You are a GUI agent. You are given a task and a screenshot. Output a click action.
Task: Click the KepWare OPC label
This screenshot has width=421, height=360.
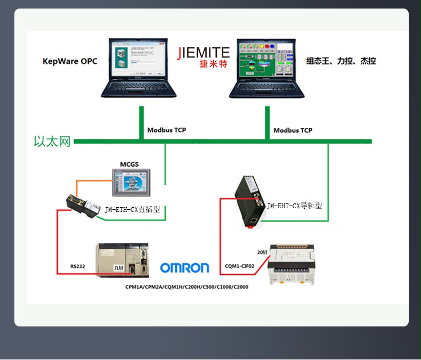(x=70, y=61)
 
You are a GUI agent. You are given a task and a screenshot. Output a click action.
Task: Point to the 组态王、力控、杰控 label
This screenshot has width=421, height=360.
(x=341, y=61)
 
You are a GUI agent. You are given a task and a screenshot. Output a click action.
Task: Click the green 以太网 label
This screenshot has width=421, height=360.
(x=52, y=142)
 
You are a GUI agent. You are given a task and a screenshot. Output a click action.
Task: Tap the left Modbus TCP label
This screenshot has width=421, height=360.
(x=166, y=130)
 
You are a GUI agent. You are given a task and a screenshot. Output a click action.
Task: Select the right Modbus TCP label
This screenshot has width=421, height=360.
(x=293, y=130)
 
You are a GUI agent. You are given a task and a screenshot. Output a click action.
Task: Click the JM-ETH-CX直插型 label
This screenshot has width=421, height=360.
(x=132, y=210)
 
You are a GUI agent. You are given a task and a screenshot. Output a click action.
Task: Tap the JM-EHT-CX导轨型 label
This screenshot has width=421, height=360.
(x=294, y=206)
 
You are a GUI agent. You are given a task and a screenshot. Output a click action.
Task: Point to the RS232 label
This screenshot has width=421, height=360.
(x=77, y=266)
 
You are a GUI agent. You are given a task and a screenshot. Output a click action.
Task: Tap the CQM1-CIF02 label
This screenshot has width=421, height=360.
(x=239, y=265)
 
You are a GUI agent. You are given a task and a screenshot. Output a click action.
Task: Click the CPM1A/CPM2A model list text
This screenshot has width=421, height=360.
(x=187, y=287)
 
